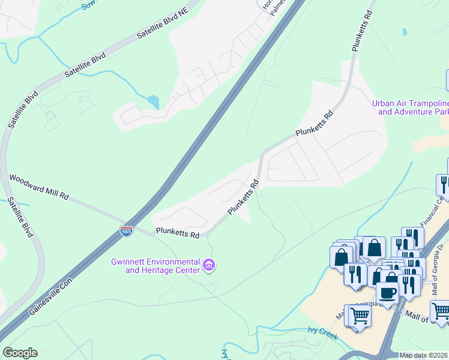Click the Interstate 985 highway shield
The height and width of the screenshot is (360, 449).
(x=126, y=232)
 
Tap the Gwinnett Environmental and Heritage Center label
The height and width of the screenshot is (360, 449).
(x=155, y=266)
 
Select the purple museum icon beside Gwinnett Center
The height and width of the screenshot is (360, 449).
(x=209, y=265)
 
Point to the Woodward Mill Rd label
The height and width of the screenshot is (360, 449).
(x=40, y=187)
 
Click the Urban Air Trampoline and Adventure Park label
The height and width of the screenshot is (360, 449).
(x=410, y=107)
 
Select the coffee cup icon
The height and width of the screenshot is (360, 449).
(x=387, y=292)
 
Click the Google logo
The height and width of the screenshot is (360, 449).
(x=20, y=353)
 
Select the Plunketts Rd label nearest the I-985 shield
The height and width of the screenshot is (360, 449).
(x=177, y=233)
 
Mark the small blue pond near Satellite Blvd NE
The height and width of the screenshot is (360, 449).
(x=154, y=102)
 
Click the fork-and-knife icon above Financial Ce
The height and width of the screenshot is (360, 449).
(x=444, y=184)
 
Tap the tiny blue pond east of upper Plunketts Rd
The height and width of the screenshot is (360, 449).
(x=404, y=31)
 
